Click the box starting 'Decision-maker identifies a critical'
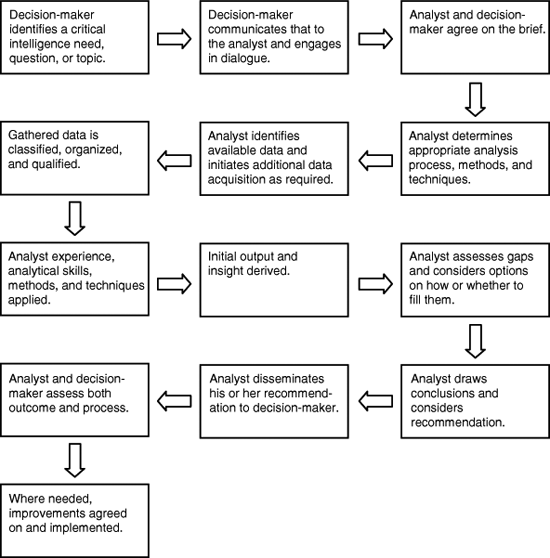[75, 37]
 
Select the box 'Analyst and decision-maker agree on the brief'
[475, 37]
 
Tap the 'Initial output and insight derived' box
[274, 280]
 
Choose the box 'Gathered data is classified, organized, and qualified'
[75, 158]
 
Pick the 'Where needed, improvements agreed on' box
[75, 521]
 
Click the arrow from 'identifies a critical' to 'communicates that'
[174, 39]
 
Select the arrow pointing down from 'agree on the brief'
[475, 100]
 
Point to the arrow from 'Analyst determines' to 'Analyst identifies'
[376, 160]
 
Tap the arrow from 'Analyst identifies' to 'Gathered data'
[174, 160]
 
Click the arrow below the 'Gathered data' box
[75, 219]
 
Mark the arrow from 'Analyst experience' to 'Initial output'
[174, 284]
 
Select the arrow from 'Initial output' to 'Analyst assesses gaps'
[376, 284]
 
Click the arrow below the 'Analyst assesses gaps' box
[475, 341]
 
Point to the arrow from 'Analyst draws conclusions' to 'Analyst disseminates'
[376, 401]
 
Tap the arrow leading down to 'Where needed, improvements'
[75, 460]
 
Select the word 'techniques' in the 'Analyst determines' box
[439, 179]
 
